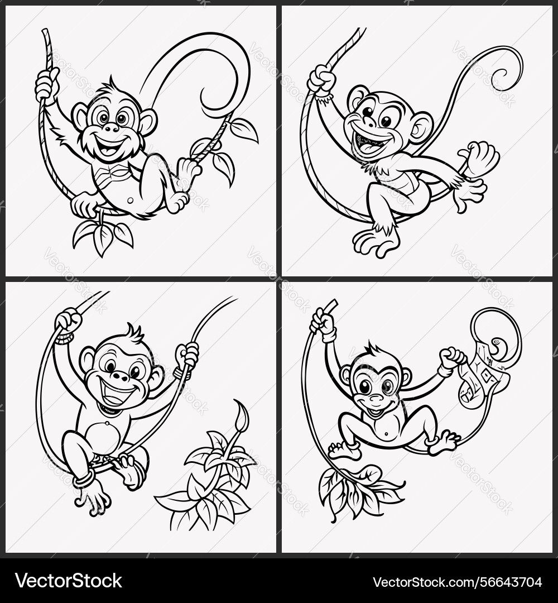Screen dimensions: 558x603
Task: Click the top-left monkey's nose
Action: coord(112,127)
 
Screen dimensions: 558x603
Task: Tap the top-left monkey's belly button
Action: coord(131,200)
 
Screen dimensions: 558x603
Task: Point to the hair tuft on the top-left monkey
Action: coord(111,83)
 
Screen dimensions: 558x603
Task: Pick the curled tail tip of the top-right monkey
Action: coord(509,71)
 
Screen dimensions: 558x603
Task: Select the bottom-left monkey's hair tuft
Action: coord(135,332)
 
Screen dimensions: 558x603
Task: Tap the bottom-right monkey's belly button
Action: coord(387,434)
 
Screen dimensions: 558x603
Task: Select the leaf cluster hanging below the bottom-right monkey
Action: coord(357,492)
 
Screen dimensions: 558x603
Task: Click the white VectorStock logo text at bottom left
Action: coord(69,581)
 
